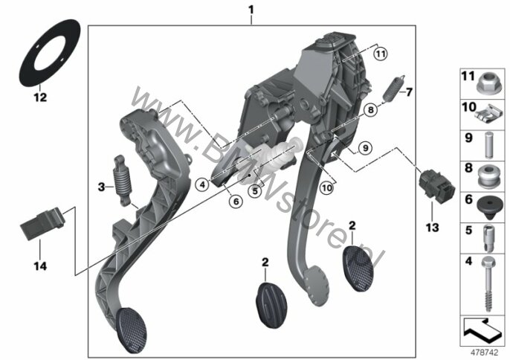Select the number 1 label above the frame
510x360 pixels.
(251, 10)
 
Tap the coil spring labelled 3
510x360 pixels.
(122, 181)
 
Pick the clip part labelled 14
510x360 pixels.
(42, 224)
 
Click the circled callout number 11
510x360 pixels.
(380, 54)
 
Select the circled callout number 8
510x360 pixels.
(370, 110)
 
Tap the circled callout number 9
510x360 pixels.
(365, 148)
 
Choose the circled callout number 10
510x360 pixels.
(327, 187)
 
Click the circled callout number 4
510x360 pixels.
(202, 185)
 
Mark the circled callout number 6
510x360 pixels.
(236, 202)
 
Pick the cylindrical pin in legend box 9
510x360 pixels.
(488, 144)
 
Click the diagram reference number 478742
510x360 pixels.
(484, 352)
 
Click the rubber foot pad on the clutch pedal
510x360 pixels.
(132, 330)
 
